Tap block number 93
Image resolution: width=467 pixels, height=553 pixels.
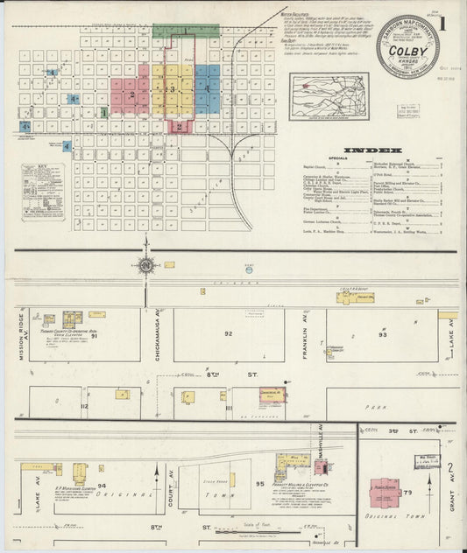(x=383, y=335)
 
